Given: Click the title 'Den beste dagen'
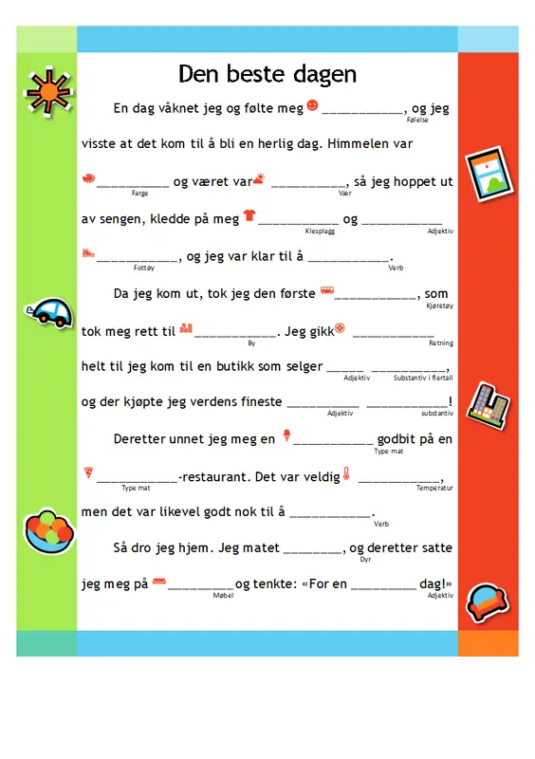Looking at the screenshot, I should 267,74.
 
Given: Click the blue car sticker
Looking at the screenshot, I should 50,311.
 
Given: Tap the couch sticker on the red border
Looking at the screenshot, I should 487,599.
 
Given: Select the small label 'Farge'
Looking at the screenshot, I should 139,193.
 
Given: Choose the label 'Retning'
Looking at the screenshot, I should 441,342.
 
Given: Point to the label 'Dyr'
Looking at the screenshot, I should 366,560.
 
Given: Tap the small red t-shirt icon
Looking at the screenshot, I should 249,215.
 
